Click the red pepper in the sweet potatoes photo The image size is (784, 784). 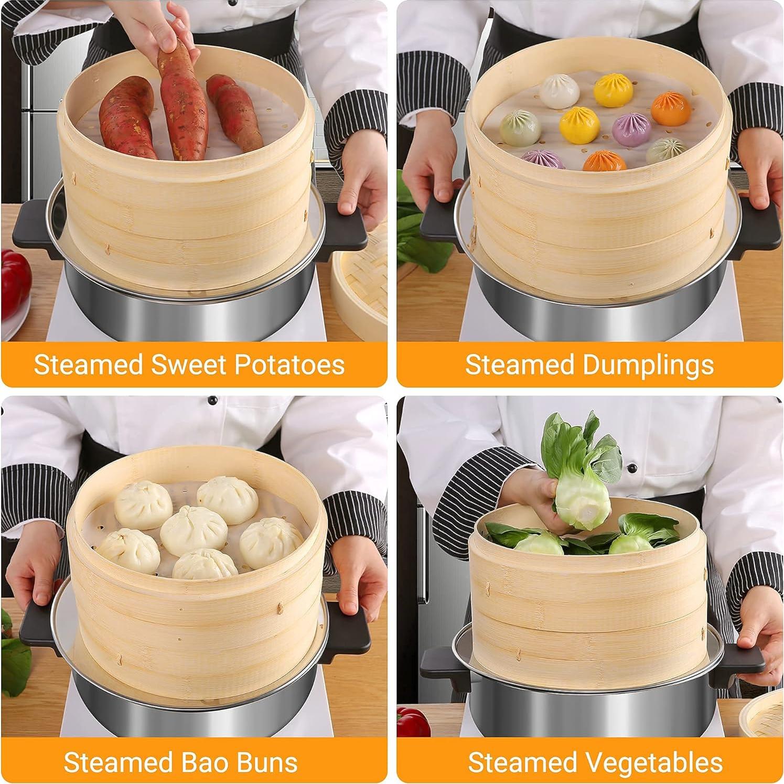(15, 283)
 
